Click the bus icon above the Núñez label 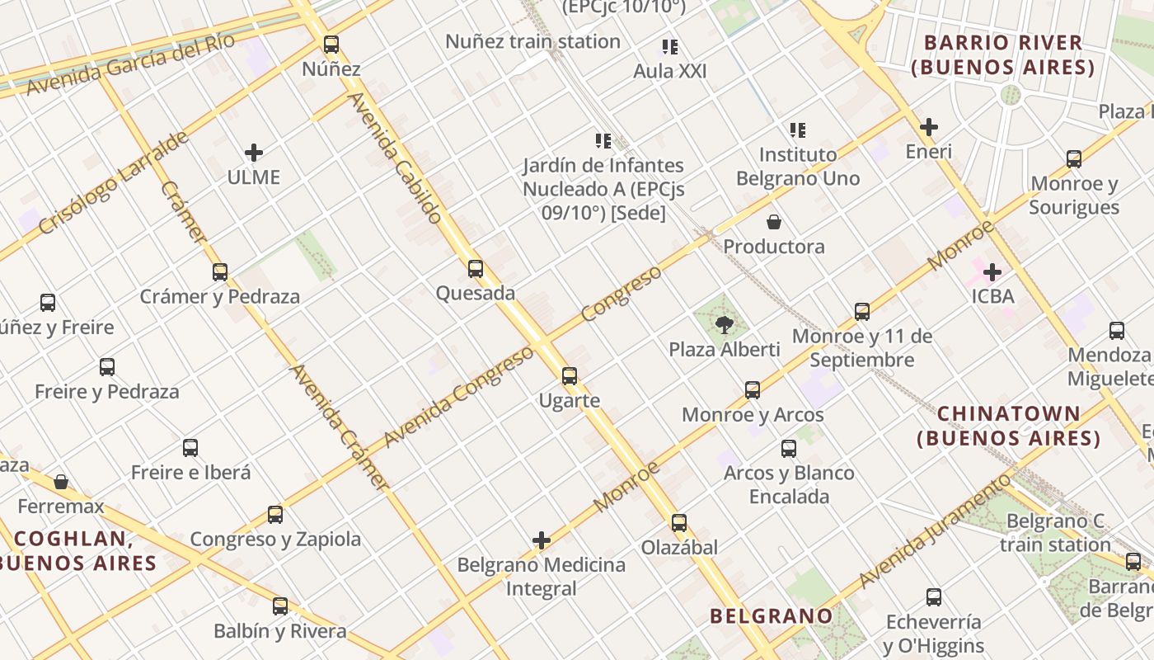[331, 45]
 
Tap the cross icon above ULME [254, 153]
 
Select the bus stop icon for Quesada [476, 269]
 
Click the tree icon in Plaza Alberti [725, 325]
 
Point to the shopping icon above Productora [774, 222]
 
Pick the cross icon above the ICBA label [992, 271]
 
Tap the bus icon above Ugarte [570, 376]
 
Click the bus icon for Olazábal [679, 523]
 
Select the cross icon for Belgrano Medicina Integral [542, 540]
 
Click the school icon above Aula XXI [670, 47]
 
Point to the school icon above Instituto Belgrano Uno [798, 130]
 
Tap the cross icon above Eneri [929, 127]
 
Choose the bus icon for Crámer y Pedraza [220, 271]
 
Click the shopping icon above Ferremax [61, 482]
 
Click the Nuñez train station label [532, 41]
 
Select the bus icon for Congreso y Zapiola [275, 515]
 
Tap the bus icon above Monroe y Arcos [753, 390]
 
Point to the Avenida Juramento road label [934, 532]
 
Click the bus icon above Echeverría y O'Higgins [934, 597]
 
